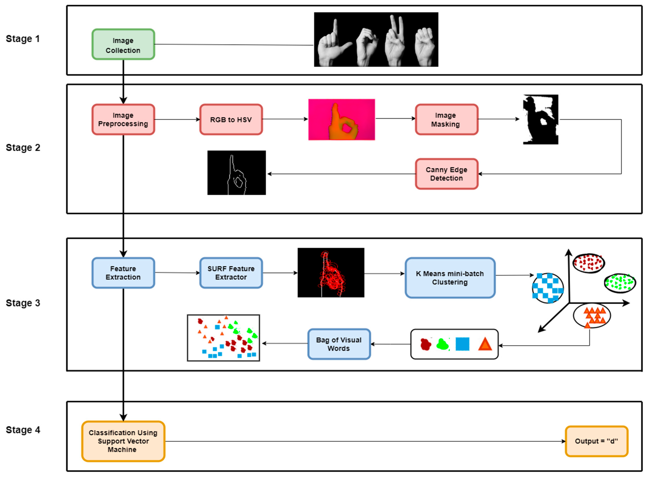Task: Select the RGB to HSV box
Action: pos(231,120)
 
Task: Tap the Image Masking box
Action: pos(446,120)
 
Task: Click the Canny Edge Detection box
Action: pos(446,174)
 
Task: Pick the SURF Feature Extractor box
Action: pos(231,273)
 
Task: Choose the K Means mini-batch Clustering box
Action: pos(450,278)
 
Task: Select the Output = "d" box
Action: pos(596,441)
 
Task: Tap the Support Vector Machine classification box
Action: pos(123,441)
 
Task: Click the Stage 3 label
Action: pos(23,303)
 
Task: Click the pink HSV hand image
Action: pos(341,120)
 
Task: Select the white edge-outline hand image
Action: pos(236,173)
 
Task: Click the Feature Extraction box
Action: pos(123,273)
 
